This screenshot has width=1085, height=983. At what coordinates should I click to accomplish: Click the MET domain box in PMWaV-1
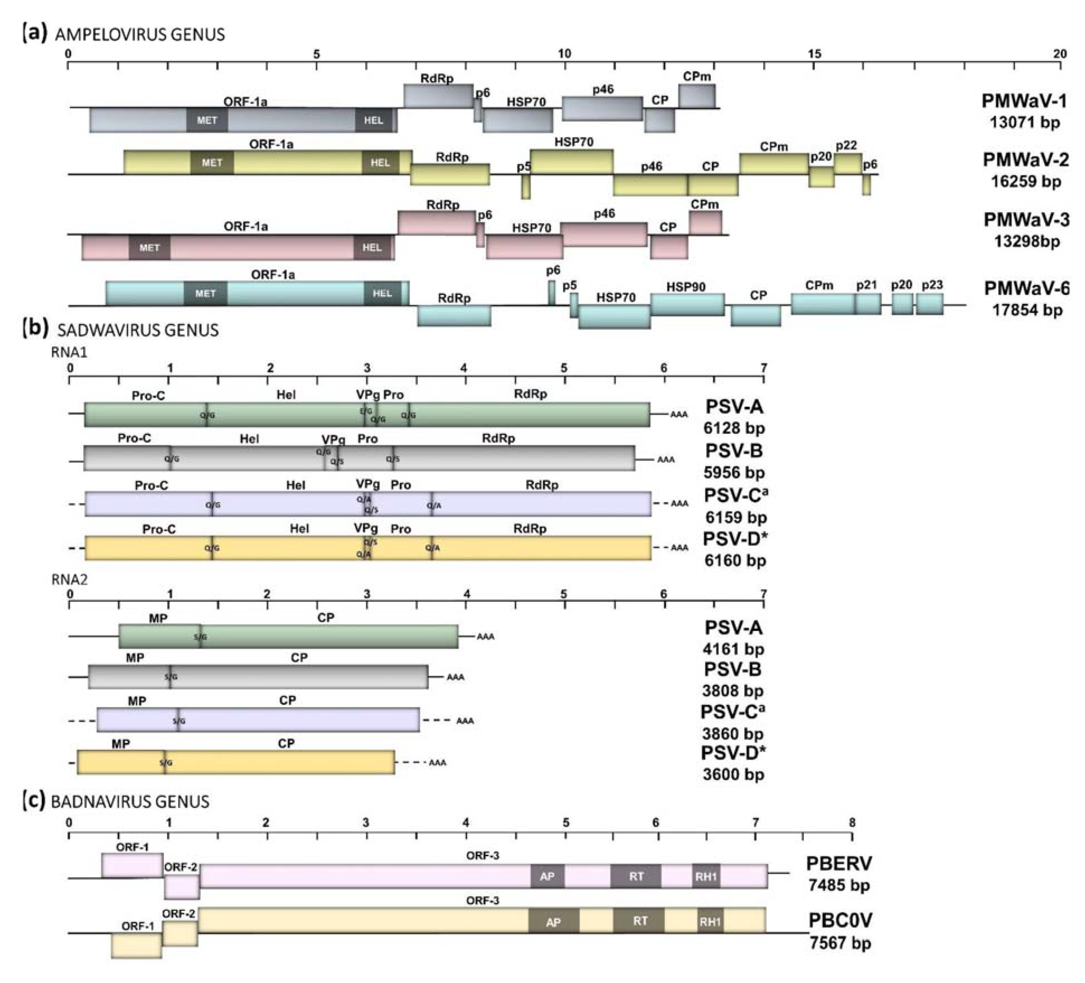[x=207, y=120]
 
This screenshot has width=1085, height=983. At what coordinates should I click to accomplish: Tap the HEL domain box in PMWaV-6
[x=382, y=294]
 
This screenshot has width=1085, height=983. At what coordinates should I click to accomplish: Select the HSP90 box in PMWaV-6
[x=687, y=305]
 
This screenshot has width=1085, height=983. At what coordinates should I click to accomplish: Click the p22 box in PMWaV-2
[x=848, y=164]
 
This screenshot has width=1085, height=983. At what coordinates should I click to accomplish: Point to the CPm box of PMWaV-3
[x=705, y=222]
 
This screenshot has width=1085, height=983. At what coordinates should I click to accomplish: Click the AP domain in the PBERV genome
[x=547, y=876]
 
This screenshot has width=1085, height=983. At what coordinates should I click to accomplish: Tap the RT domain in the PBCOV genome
[x=639, y=921]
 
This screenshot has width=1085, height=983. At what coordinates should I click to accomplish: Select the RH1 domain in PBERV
[x=706, y=876]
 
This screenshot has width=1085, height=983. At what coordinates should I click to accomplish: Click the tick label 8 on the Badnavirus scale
[x=851, y=823]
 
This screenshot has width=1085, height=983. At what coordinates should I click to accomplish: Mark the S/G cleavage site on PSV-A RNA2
[x=200, y=637]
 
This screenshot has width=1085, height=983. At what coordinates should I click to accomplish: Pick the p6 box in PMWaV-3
[x=480, y=235]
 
